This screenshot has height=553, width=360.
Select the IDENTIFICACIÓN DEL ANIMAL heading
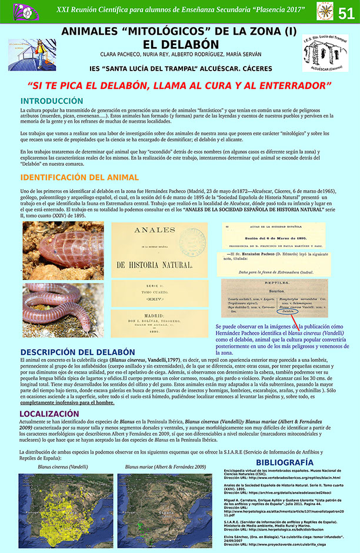79,177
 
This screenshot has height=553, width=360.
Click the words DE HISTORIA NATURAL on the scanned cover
159,264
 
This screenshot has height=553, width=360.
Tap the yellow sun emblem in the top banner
325,11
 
